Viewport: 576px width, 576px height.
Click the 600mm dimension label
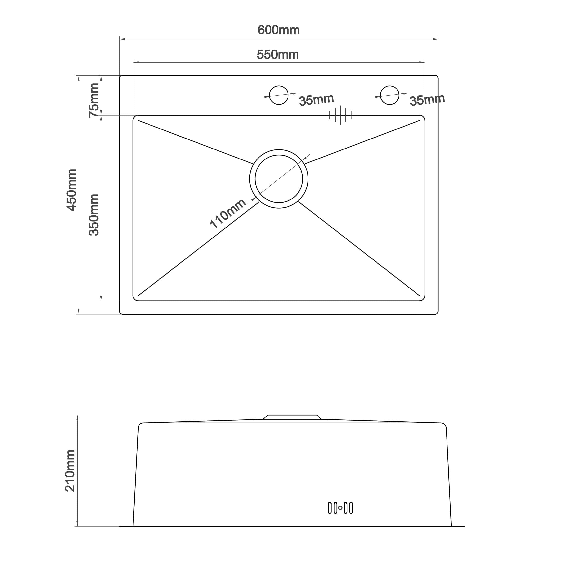(278, 30)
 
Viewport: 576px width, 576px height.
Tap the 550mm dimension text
(278, 55)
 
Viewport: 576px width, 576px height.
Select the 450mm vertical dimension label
(71, 190)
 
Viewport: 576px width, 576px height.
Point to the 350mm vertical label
(94, 215)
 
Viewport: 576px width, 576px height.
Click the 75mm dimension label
(94, 100)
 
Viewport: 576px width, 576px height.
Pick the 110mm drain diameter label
(228, 213)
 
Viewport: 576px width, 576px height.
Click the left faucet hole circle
(279, 86)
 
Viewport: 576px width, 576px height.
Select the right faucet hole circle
(390, 86)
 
